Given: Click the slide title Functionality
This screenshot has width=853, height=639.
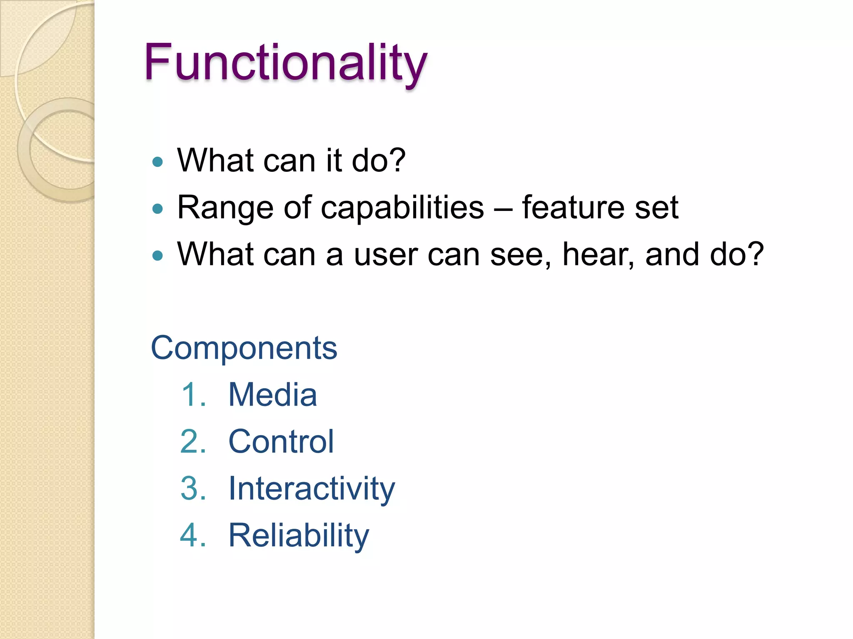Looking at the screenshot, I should (286, 62).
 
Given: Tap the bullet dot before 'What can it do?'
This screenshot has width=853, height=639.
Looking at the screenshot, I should (157, 161).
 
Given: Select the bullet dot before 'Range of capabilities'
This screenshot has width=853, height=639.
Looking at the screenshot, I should (157, 208).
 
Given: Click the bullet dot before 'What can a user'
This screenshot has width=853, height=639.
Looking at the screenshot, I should (157, 255).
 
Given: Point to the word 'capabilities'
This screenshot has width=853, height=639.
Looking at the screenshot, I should (402, 208).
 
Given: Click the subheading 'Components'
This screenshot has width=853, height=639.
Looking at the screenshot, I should (244, 348).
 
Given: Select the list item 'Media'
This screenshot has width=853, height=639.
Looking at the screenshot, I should (273, 394).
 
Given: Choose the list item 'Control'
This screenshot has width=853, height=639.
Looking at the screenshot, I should (281, 441).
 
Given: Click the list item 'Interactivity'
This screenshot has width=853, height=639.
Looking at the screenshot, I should (312, 488).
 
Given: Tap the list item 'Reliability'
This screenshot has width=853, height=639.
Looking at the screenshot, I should (299, 535).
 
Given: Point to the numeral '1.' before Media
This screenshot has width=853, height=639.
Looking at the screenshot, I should (194, 394).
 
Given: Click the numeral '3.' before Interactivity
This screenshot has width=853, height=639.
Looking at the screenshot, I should (193, 488).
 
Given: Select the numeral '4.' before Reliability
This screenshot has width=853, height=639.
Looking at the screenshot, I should (193, 535).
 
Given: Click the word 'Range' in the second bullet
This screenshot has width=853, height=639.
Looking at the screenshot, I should (225, 208).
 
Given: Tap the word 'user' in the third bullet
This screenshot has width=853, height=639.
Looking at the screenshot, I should (386, 255).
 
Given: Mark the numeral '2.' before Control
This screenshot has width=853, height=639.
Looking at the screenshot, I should (193, 441).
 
